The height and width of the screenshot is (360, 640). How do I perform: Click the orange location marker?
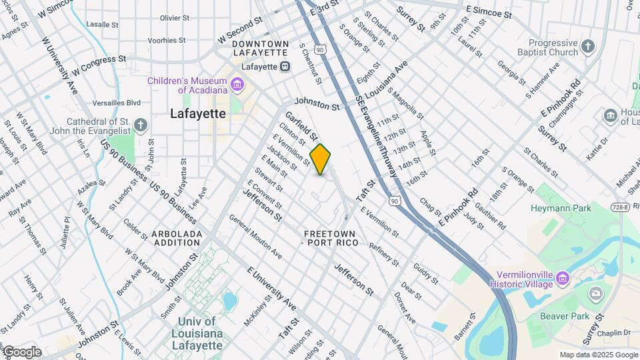[x=321, y=159]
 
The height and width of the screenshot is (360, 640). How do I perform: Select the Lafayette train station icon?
[x=285, y=67]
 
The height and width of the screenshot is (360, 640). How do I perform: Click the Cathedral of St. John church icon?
[x=140, y=125]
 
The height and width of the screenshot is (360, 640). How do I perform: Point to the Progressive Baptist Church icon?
[x=587, y=47]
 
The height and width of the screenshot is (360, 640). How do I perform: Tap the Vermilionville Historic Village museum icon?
[x=563, y=277]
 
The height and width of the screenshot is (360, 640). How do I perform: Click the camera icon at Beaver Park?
[x=595, y=294]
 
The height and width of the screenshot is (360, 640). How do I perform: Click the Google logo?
[x=22, y=352]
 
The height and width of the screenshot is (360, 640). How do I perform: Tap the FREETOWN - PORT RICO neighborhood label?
[x=331, y=238]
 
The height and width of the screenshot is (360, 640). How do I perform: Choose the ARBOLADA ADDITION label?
[x=177, y=238]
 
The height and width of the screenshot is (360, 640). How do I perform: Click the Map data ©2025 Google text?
[x=598, y=355]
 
